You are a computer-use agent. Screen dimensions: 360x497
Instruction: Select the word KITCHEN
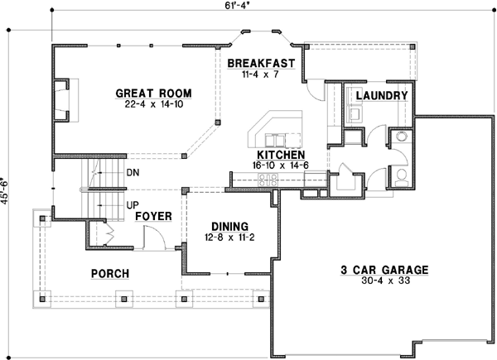(x=281, y=155)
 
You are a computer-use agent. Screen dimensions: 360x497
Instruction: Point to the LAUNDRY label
(x=382, y=97)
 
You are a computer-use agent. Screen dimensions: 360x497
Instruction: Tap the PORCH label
(x=110, y=274)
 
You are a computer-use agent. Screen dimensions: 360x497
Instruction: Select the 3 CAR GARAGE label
(x=384, y=270)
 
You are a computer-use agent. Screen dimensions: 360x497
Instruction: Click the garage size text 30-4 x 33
(x=384, y=282)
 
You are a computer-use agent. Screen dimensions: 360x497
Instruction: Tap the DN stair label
(x=133, y=173)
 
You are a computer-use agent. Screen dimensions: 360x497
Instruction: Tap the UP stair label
(x=132, y=204)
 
